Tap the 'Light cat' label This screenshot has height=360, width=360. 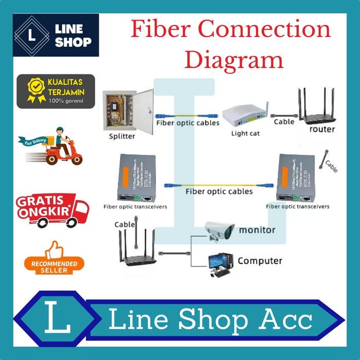tap(245, 134)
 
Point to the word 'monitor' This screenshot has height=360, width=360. tap(257, 230)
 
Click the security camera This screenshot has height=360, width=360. tap(218, 230)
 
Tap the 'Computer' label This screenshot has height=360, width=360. tap(260, 261)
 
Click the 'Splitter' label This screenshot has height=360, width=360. tap(122, 136)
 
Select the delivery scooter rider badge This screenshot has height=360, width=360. tap(51, 145)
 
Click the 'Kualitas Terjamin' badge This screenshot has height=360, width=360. tap(56, 91)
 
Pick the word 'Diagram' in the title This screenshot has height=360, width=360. tap(234, 60)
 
